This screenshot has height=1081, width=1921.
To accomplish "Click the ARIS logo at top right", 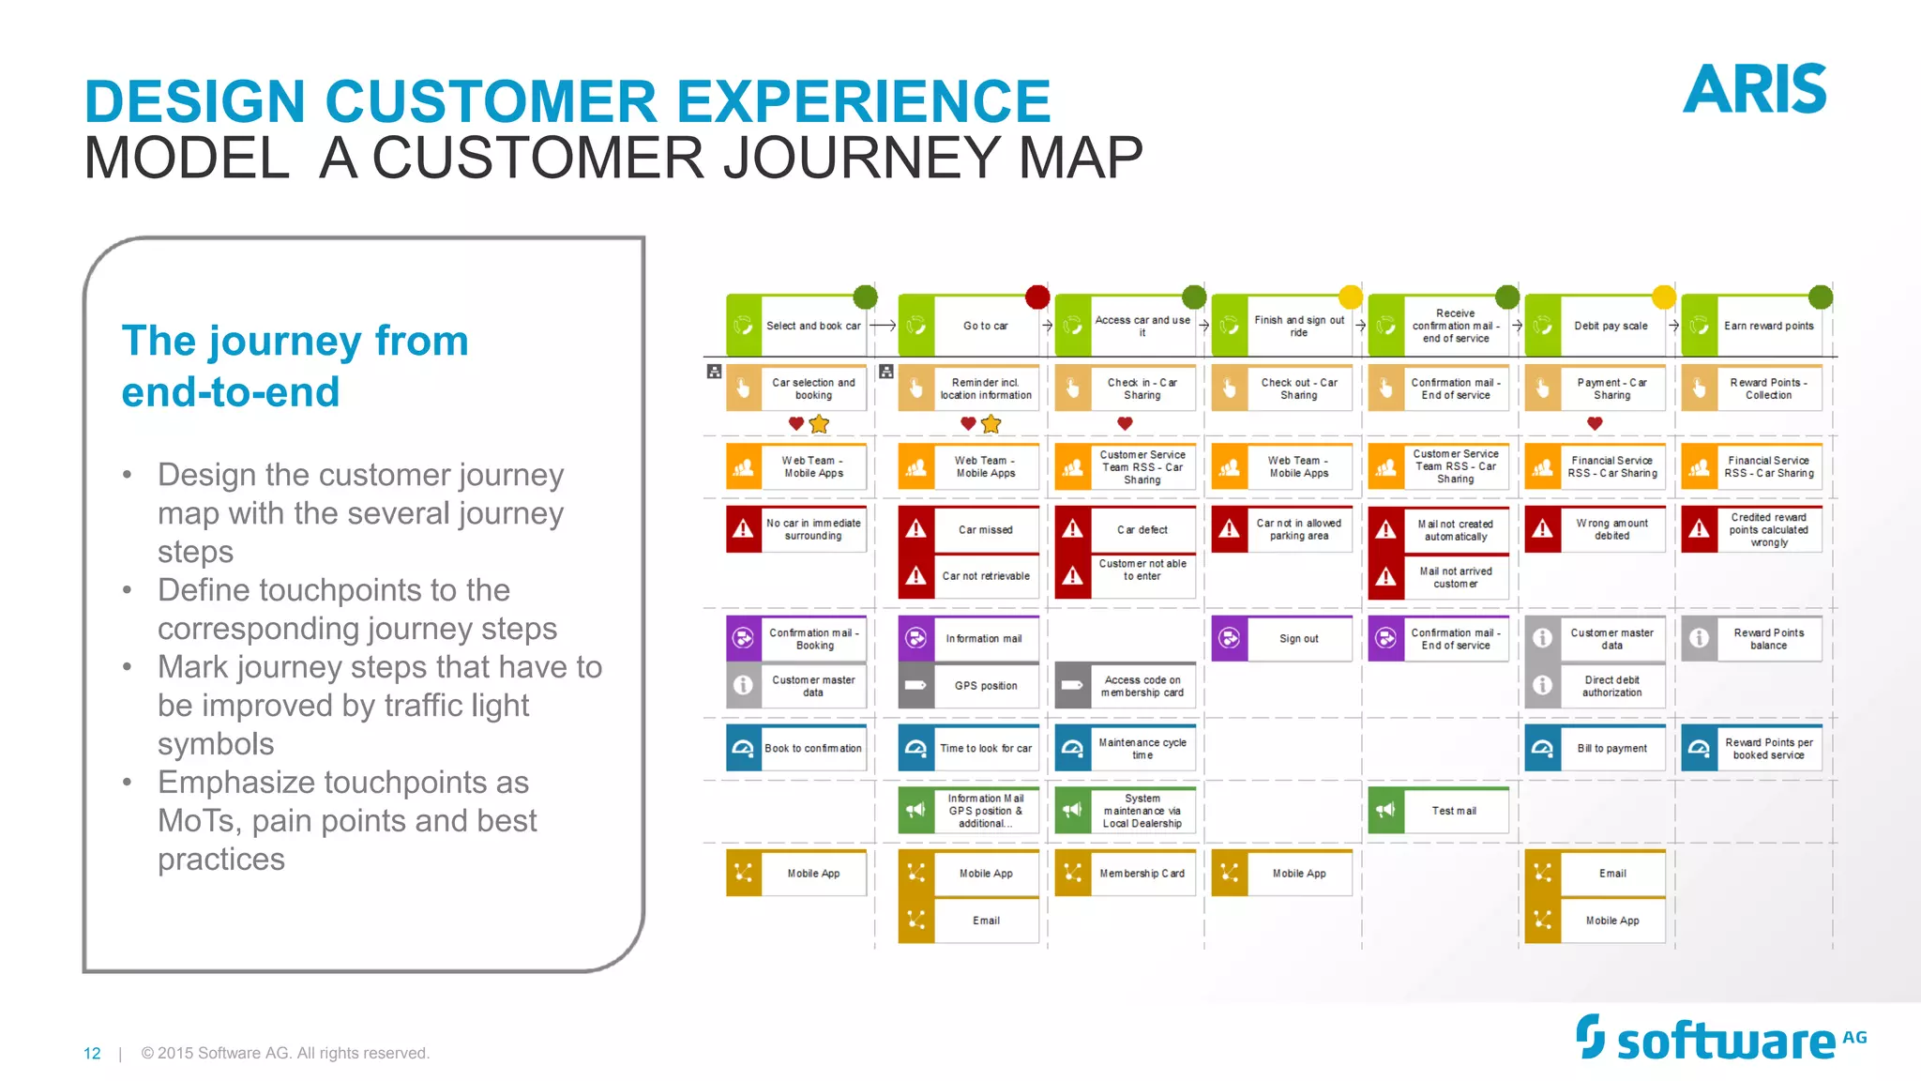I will pos(1754,89).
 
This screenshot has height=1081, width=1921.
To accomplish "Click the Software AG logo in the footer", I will pos(1721,1039).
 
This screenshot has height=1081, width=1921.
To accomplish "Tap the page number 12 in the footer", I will pos(92,1054).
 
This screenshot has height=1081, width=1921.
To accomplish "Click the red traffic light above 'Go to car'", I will pos(1037,297).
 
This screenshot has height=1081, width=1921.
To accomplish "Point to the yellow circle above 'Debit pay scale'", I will pos(1663,297).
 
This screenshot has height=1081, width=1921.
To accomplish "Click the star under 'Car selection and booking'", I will pos(819,424).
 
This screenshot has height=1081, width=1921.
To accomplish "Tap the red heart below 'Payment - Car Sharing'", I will pos(1595,424).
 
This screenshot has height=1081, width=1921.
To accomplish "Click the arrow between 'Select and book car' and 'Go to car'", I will pos(883,326).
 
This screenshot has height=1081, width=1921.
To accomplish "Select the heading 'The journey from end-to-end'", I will pos(295,366).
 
